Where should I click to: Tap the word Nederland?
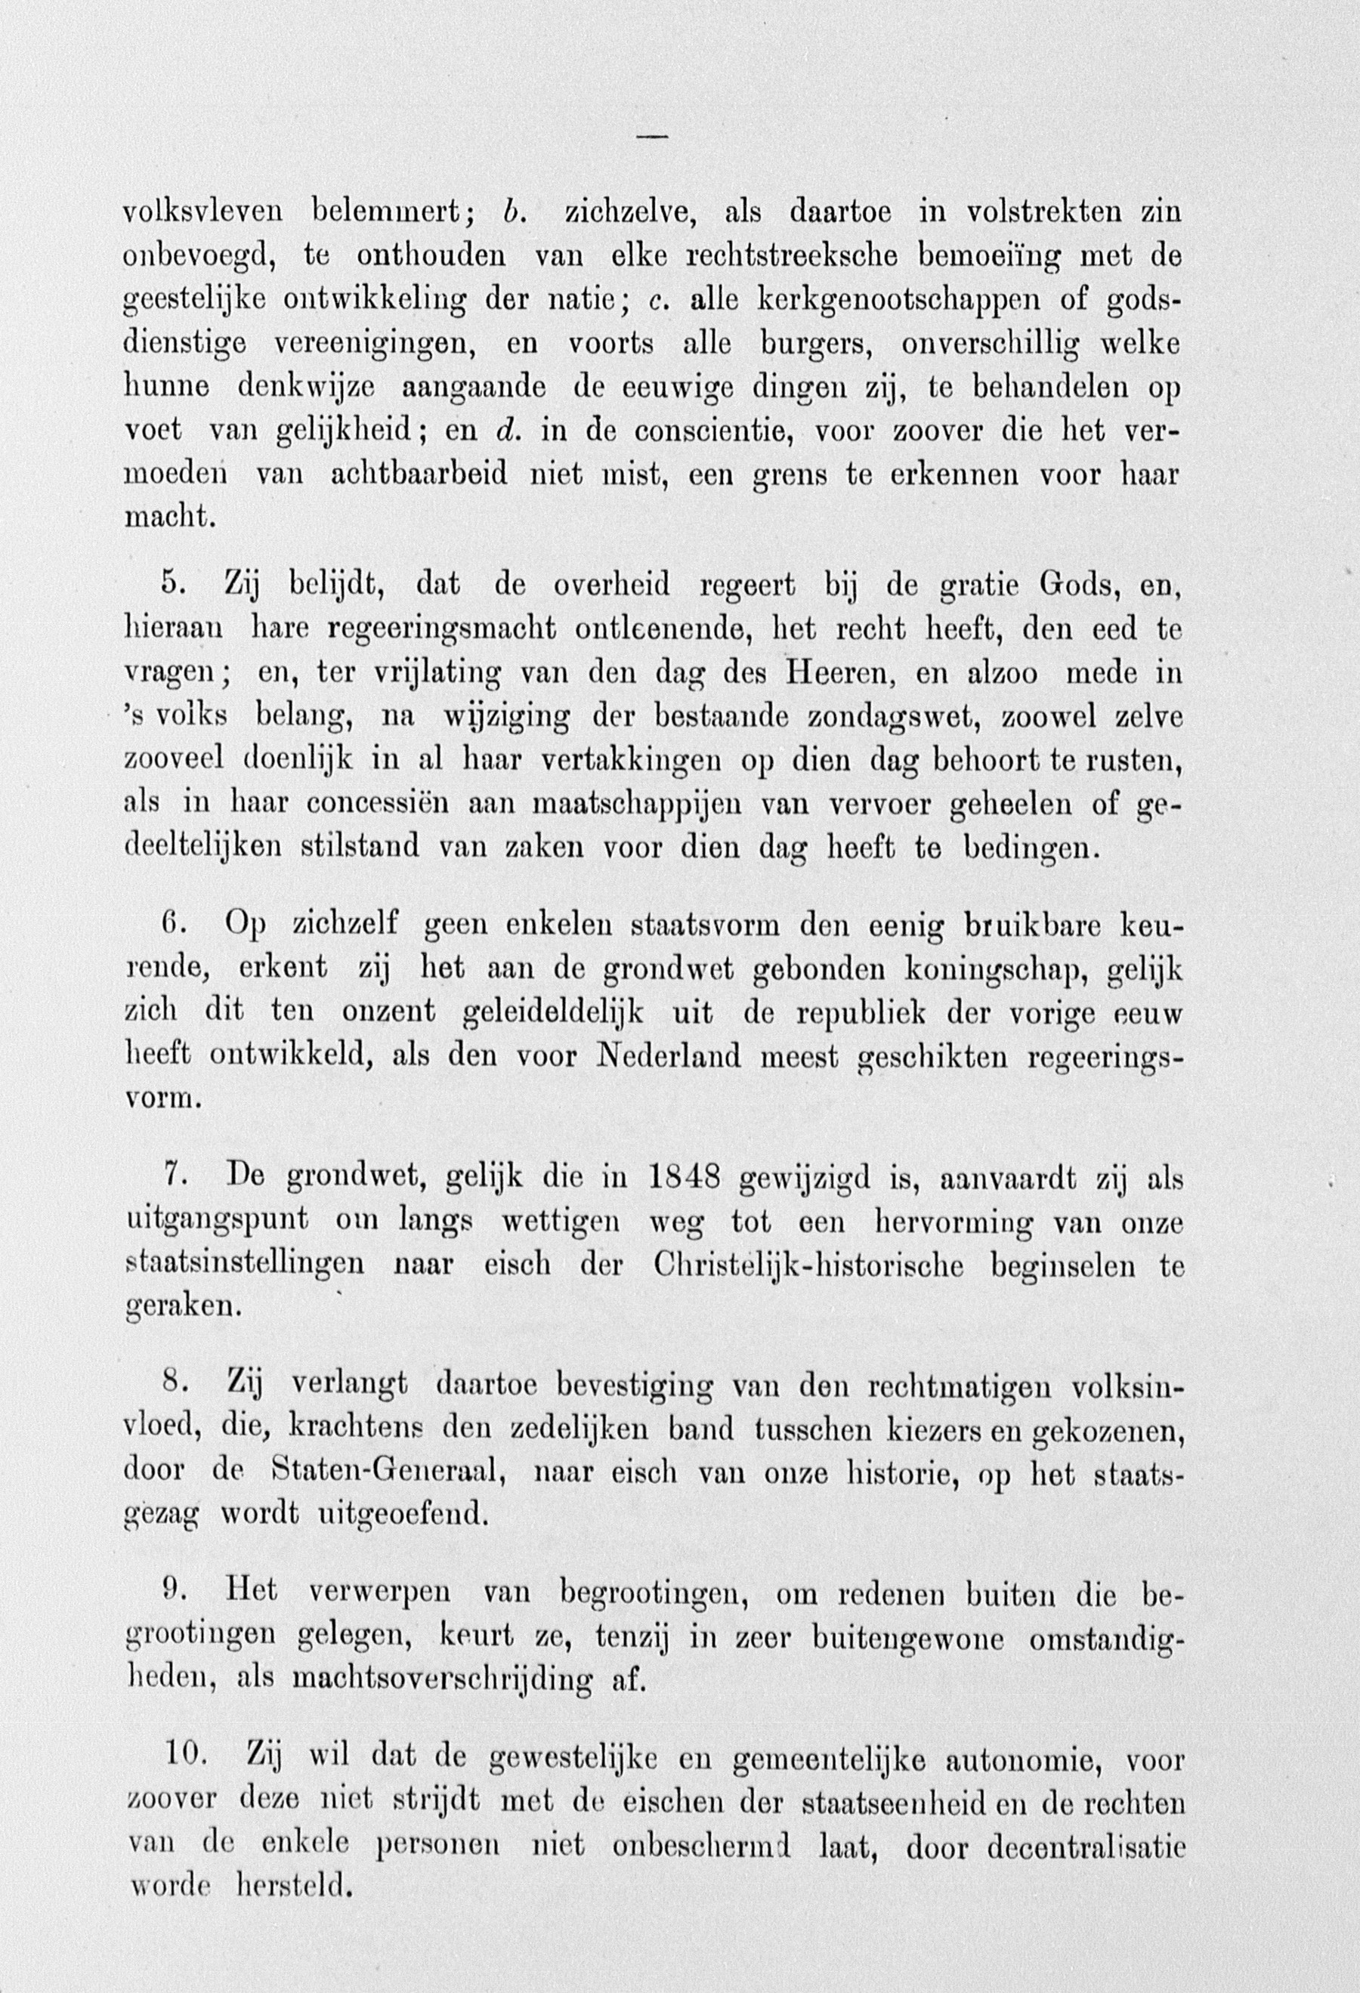pos(668,1055)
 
